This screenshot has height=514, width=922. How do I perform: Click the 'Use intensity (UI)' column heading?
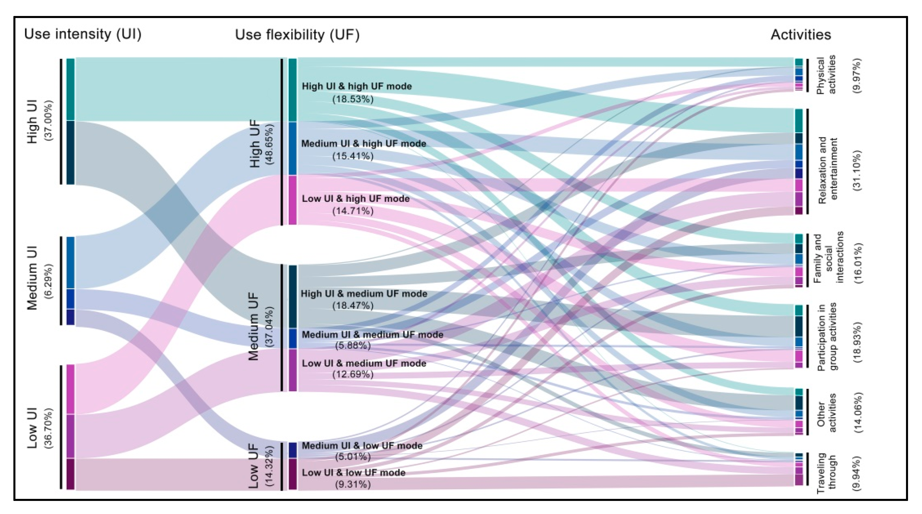point(83,34)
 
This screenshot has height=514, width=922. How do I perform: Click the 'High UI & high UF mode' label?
point(357,87)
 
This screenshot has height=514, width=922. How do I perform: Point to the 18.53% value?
point(353,99)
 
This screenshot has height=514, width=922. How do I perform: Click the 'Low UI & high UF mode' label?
point(355,199)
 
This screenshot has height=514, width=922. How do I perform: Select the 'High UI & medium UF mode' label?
point(364,294)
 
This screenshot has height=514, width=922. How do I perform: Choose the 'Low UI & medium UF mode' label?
point(364,363)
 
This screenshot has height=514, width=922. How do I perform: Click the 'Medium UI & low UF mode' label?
point(362,446)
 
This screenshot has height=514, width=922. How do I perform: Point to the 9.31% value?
point(353,485)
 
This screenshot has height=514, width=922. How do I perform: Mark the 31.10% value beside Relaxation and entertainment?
point(858,171)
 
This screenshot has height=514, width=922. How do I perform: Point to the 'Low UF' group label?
point(253,466)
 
